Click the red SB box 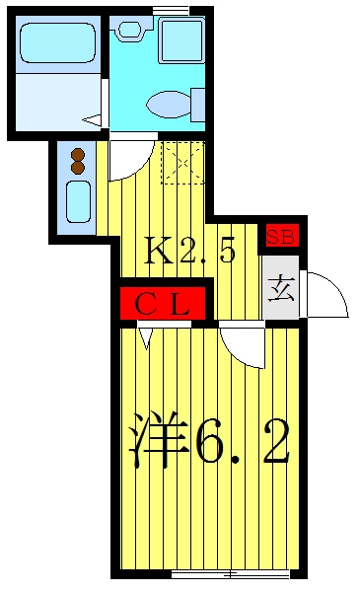pos(282,236)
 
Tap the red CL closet pos(163,303)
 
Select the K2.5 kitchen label pos(190,251)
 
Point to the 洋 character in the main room pos(159,439)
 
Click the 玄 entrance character pos(281,288)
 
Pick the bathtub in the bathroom pos(58,42)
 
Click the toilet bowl pos(170,104)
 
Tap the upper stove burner pos(78,155)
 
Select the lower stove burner pos(78,168)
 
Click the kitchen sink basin pos(79,201)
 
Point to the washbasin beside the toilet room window pos(130,30)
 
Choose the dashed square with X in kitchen pos(183,163)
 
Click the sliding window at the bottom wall pos(230,574)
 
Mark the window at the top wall pos(171,11)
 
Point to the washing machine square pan pos(181,40)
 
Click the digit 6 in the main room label pos(210,441)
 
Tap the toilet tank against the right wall pos(198,105)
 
